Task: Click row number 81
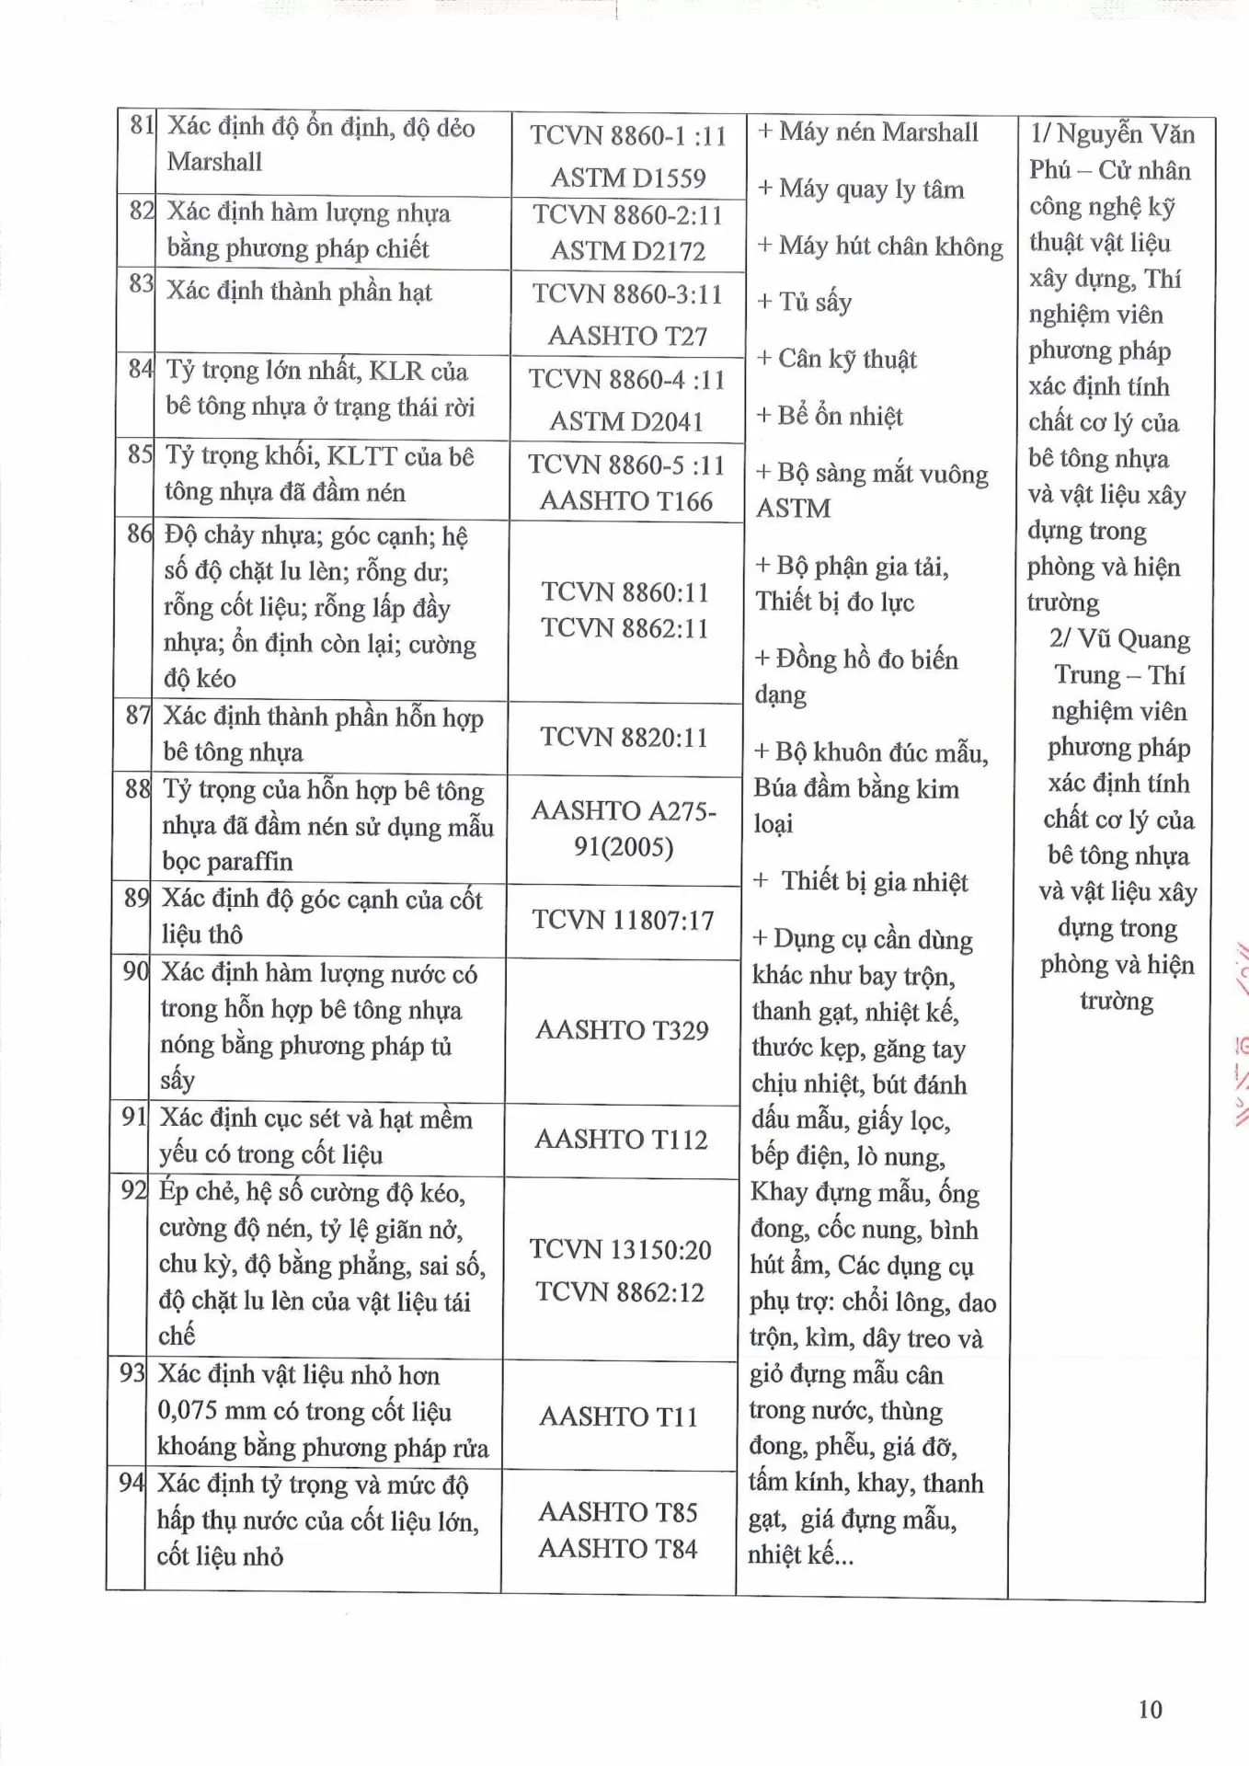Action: pyautogui.click(x=141, y=126)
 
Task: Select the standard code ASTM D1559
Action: pyautogui.click(x=628, y=178)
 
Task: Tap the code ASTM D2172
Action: pyautogui.click(x=628, y=251)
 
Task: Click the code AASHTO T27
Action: pyautogui.click(x=627, y=337)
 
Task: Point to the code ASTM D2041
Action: pyautogui.click(x=626, y=422)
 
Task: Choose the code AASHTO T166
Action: pyautogui.click(x=626, y=501)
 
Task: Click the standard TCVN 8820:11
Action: pyautogui.click(x=624, y=738)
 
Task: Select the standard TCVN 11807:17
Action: pyautogui.click(x=623, y=921)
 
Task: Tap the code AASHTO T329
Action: pyautogui.click(x=622, y=1030)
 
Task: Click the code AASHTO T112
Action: pyautogui.click(x=621, y=1140)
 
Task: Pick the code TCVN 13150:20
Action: pyautogui.click(x=621, y=1250)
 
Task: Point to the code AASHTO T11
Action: pyautogui.click(x=619, y=1416)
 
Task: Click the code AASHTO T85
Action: pyautogui.click(x=618, y=1512)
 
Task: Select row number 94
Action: pyautogui.click(x=132, y=1483)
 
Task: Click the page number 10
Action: pyautogui.click(x=1150, y=1710)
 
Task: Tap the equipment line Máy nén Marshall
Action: pyautogui.click(x=868, y=132)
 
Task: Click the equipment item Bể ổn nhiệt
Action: pyautogui.click(x=829, y=416)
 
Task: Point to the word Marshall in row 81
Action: pyautogui.click(x=214, y=162)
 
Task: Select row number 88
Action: pyautogui.click(x=137, y=789)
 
